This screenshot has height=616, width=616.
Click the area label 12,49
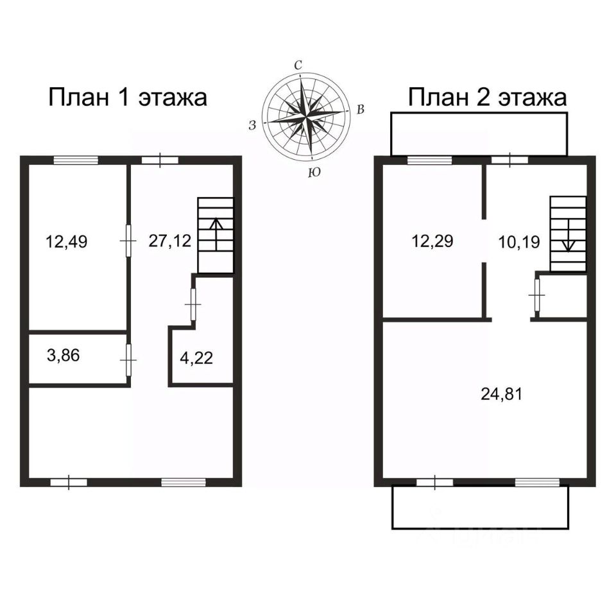tap(66, 242)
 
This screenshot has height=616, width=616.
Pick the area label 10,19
tap(519, 242)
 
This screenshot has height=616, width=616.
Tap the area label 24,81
tap(501, 394)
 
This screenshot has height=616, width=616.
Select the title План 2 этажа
tap(488, 98)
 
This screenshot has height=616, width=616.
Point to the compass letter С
tap(298, 65)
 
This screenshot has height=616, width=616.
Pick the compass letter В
tap(361, 110)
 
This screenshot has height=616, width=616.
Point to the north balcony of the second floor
tap(479, 133)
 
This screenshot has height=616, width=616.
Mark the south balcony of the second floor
tap(480, 507)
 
